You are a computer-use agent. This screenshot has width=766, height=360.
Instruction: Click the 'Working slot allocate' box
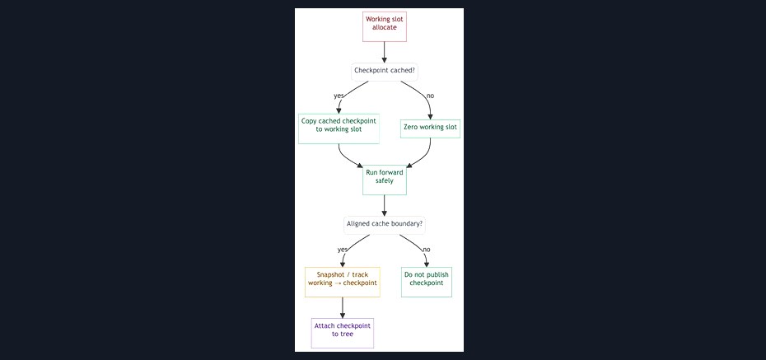pos(385,27)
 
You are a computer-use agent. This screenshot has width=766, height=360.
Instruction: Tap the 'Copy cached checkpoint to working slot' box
pos(339,129)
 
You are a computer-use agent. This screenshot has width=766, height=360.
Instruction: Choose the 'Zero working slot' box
pos(430,129)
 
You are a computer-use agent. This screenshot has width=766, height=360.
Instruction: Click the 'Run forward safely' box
pos(385,180)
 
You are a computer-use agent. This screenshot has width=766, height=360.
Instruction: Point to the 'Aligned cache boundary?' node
pos(385,225)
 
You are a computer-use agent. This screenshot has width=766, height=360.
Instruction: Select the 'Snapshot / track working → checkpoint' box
pos(343,282)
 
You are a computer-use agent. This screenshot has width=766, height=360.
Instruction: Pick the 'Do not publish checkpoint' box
pos(427,282)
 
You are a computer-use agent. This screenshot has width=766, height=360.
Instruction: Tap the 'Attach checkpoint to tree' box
pos(343,333)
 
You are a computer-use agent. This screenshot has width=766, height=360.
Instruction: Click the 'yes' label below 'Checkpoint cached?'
pos(339,96)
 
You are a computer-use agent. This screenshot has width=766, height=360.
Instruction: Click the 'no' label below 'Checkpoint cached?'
pos(430,96)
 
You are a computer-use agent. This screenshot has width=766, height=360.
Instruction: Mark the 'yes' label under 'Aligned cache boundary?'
pos(343,250)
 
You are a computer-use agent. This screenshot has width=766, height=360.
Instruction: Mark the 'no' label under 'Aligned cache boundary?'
pos(427,250)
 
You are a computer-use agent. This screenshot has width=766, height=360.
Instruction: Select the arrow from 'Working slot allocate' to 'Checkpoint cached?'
pos(385,52)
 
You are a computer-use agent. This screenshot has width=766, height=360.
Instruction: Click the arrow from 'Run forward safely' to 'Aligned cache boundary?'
pos(385,205)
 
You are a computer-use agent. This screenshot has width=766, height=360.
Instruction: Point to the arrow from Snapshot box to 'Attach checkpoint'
pos(343,308)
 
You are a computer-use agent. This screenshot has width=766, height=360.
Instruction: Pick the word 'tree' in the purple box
pos(347,334)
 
